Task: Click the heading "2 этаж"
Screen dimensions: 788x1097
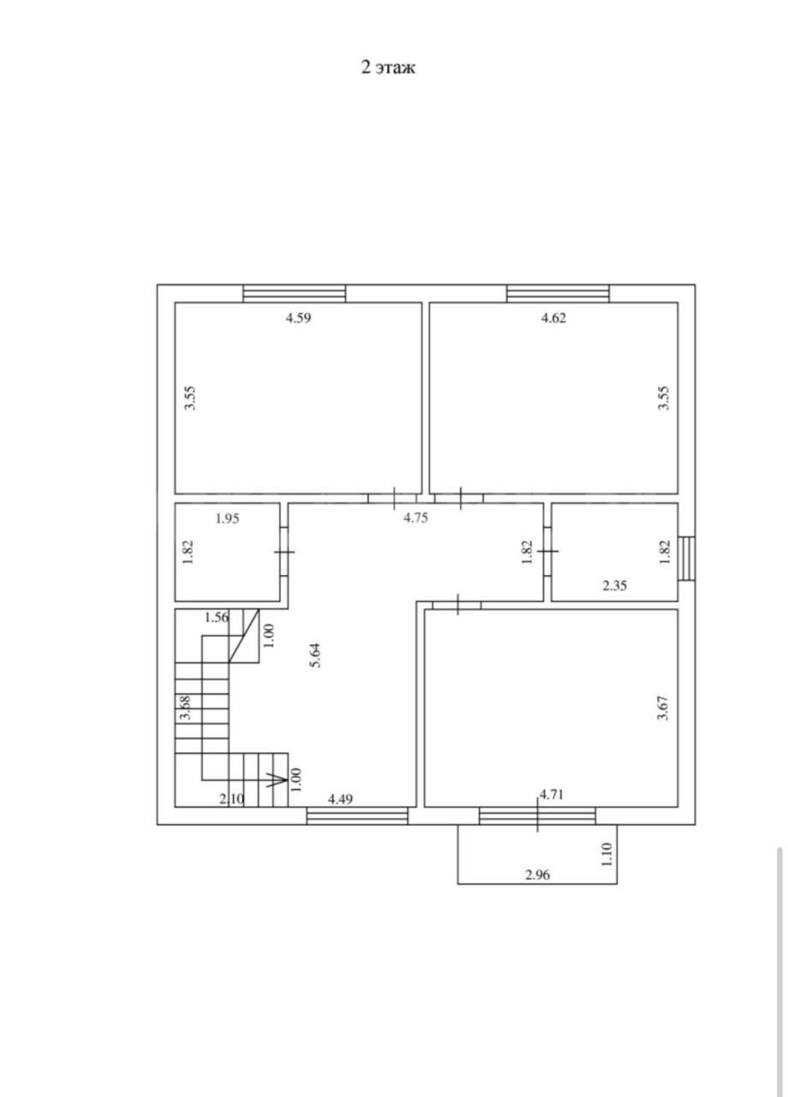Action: (388, 67)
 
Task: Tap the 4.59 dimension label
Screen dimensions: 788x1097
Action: (299, 318)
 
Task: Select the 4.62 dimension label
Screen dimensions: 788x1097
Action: (553, 318)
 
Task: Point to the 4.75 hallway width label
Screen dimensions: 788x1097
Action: (415, 518)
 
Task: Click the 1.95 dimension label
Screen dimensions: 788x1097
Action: (228, 519)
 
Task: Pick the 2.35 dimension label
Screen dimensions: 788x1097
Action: (615, 585)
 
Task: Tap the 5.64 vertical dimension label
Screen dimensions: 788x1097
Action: (316, 656)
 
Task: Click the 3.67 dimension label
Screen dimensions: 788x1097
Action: (664, 708)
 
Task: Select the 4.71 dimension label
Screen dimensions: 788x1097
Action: (552, 794)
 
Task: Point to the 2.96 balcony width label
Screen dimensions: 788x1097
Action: (537, 861)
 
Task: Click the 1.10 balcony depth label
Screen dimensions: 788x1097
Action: (607, 841)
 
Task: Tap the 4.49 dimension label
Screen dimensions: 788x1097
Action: (340, 800)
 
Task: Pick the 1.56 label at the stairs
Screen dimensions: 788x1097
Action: (217, 618)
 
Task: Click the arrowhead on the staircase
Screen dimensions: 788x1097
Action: (277, 779)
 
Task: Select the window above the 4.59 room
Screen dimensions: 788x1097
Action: (295, 293)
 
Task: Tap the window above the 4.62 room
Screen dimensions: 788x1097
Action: (558, 293)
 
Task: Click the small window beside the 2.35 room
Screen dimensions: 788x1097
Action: (687, 559)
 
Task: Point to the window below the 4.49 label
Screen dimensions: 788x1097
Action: (357, 817)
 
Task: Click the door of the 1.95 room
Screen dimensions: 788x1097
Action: (284, 551)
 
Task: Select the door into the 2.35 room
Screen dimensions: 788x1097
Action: (547, 551)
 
